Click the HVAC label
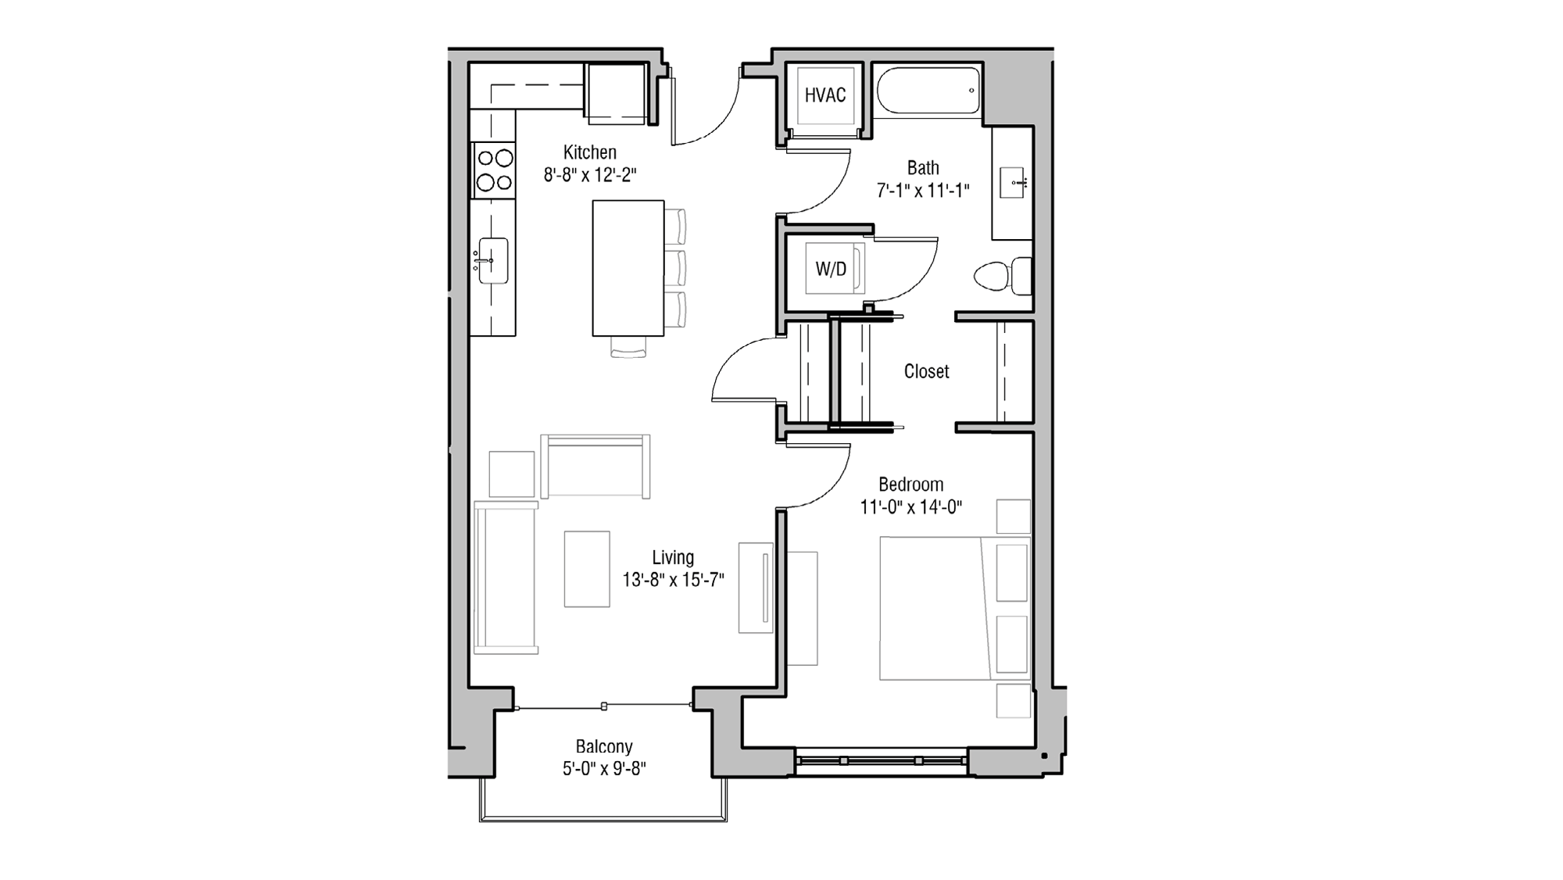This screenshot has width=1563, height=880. coord(825,95)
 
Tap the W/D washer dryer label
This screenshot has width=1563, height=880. coord(831,270)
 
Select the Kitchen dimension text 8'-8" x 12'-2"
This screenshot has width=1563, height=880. coord(590,175)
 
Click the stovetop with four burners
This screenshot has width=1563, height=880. coord(494,170)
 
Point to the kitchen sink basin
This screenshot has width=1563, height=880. coord(493,260)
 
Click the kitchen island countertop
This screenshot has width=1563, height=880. coord(628,268)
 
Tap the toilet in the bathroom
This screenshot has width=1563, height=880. coord(1000,276)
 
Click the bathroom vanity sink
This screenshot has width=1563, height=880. coord(1013,183)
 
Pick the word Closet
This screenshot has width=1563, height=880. coord(926,371)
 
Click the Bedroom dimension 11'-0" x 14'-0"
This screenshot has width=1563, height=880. coord(910,507)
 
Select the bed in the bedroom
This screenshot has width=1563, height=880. coord(938,608)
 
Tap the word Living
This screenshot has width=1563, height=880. coord(673,557)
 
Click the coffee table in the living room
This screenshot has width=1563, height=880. coord(587,568)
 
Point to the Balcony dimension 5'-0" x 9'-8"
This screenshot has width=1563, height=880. coord(603,769)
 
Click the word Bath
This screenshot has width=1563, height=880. coord(923,168)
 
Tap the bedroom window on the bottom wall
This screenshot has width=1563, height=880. coord(881,760)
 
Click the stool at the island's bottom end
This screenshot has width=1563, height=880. coord(628,347)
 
